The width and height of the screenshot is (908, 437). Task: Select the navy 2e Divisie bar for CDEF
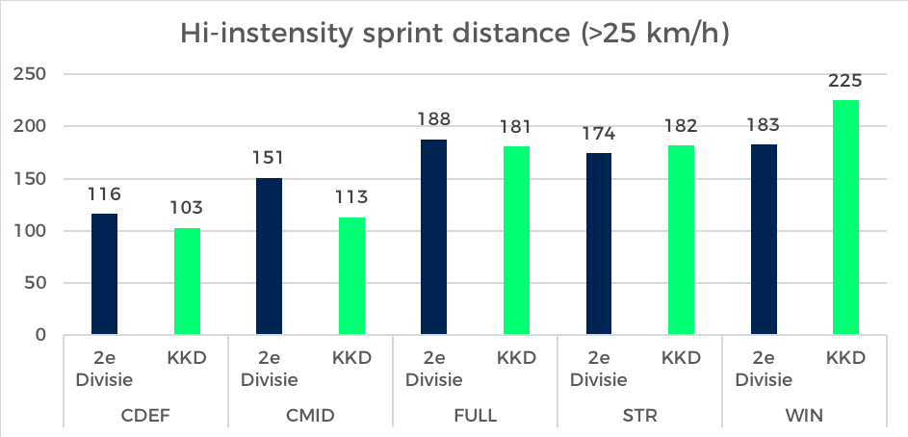pos(104,274)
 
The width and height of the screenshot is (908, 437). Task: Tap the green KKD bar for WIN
pos(845,218)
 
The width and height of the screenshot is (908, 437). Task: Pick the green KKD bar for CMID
pos(351,276)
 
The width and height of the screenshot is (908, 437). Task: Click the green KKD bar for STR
pos(681,241)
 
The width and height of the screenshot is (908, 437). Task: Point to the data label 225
pos(845,81)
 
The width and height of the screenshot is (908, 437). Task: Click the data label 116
pos(104,194)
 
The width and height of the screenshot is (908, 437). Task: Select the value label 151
pos(269,158)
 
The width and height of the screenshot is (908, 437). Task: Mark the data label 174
pos(598,134)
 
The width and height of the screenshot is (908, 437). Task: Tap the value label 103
pos(187,208)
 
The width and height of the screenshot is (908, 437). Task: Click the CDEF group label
pos(145,416)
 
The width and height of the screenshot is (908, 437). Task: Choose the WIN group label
pos(804,416)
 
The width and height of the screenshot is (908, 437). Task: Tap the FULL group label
pos(475,416)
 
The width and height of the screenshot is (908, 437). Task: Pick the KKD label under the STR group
pos(681,358)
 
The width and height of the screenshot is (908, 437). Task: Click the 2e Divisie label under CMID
pos(269,368)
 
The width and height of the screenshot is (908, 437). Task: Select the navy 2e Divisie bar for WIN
pos(764,240)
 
